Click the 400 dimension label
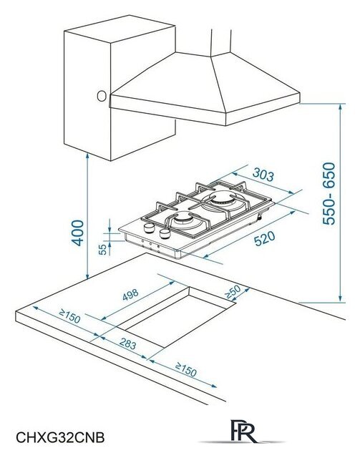coord(77,233)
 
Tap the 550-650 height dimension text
coord(329,193)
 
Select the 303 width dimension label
coord(263,175)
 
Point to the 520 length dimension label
coord(264,238)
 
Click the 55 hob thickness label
coord(102,250)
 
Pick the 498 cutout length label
coord(130,295)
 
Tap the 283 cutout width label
coord(127,343)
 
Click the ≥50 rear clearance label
coord(233,292)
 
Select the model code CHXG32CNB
coord(60,438)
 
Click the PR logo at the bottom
coord(244,431)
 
